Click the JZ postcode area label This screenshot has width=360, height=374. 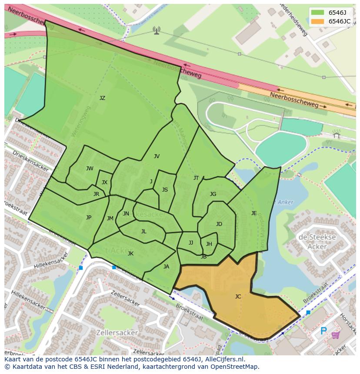point(102,98)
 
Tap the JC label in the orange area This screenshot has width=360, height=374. point(238,297)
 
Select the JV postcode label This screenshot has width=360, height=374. point(157,156)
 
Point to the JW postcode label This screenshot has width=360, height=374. point(90,169)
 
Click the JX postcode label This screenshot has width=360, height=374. point(104,182)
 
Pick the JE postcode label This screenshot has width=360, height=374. point(254,213)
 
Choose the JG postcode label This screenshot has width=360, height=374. point(213,194)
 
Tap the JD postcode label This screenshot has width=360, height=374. point(219,224)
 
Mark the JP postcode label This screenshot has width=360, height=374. point(89,218)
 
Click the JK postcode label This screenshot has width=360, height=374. point(130,254)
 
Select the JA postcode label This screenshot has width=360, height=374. point(166,267)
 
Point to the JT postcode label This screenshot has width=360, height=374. point(196,178)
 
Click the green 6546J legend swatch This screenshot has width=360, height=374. point(317,13)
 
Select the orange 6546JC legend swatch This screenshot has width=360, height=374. point(317,21)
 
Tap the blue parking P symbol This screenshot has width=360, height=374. point(323,331)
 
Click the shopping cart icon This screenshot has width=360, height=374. point(336,335)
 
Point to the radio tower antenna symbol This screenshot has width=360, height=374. point(157,30)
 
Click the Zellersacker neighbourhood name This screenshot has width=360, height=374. point(118,333)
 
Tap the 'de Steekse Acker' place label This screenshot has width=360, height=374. point(317,242)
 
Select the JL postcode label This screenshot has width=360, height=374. point(143,232)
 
